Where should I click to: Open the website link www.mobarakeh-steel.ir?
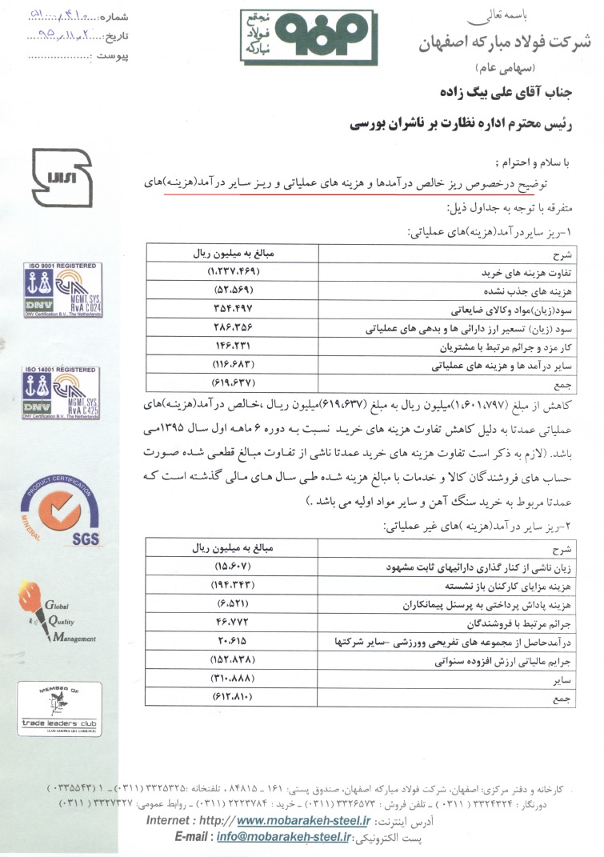(304, 820)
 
